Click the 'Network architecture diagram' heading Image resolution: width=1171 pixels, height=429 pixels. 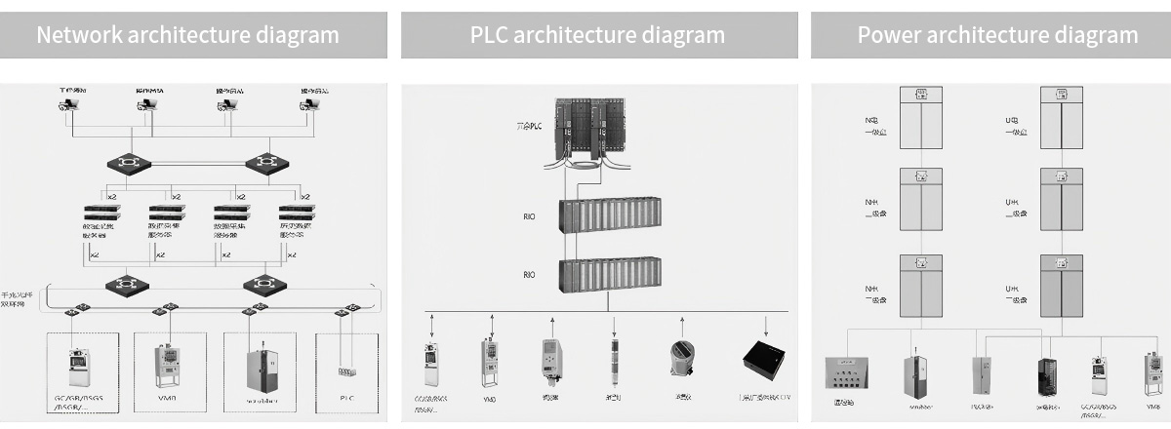click(x=187, y=35)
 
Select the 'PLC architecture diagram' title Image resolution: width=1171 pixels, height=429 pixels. click(x=597, y=35)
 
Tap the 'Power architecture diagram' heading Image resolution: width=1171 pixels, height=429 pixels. click(x=997, y=35)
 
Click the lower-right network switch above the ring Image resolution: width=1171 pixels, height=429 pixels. click(x=262, y=285)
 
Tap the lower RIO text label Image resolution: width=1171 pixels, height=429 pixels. click(x=529, y=275)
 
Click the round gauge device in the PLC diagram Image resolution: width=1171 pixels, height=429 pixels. click(x=682, y=358)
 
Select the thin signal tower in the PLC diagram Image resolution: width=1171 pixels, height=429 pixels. click(x=615, y=358)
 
